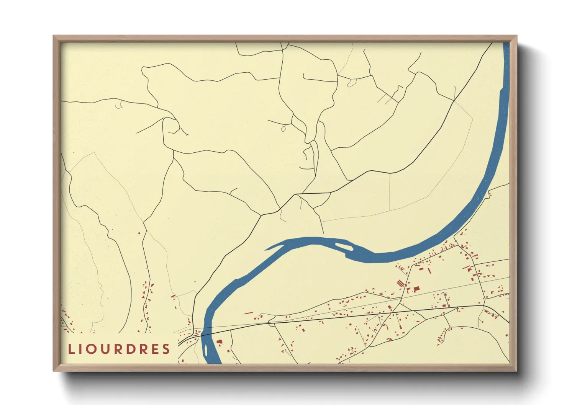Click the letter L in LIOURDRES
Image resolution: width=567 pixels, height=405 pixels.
(71, 349)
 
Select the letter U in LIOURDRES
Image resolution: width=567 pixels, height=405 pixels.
(106, 349)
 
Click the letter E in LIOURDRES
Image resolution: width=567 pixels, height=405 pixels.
(154, 349)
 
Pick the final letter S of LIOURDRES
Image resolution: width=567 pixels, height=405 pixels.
(166, 349)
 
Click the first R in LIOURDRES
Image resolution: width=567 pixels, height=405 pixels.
(118, 349)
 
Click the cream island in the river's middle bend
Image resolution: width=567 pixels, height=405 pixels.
(344, 245)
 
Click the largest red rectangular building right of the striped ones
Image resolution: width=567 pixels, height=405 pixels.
(416, 289)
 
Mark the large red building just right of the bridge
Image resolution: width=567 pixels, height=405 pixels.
(220, 341)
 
